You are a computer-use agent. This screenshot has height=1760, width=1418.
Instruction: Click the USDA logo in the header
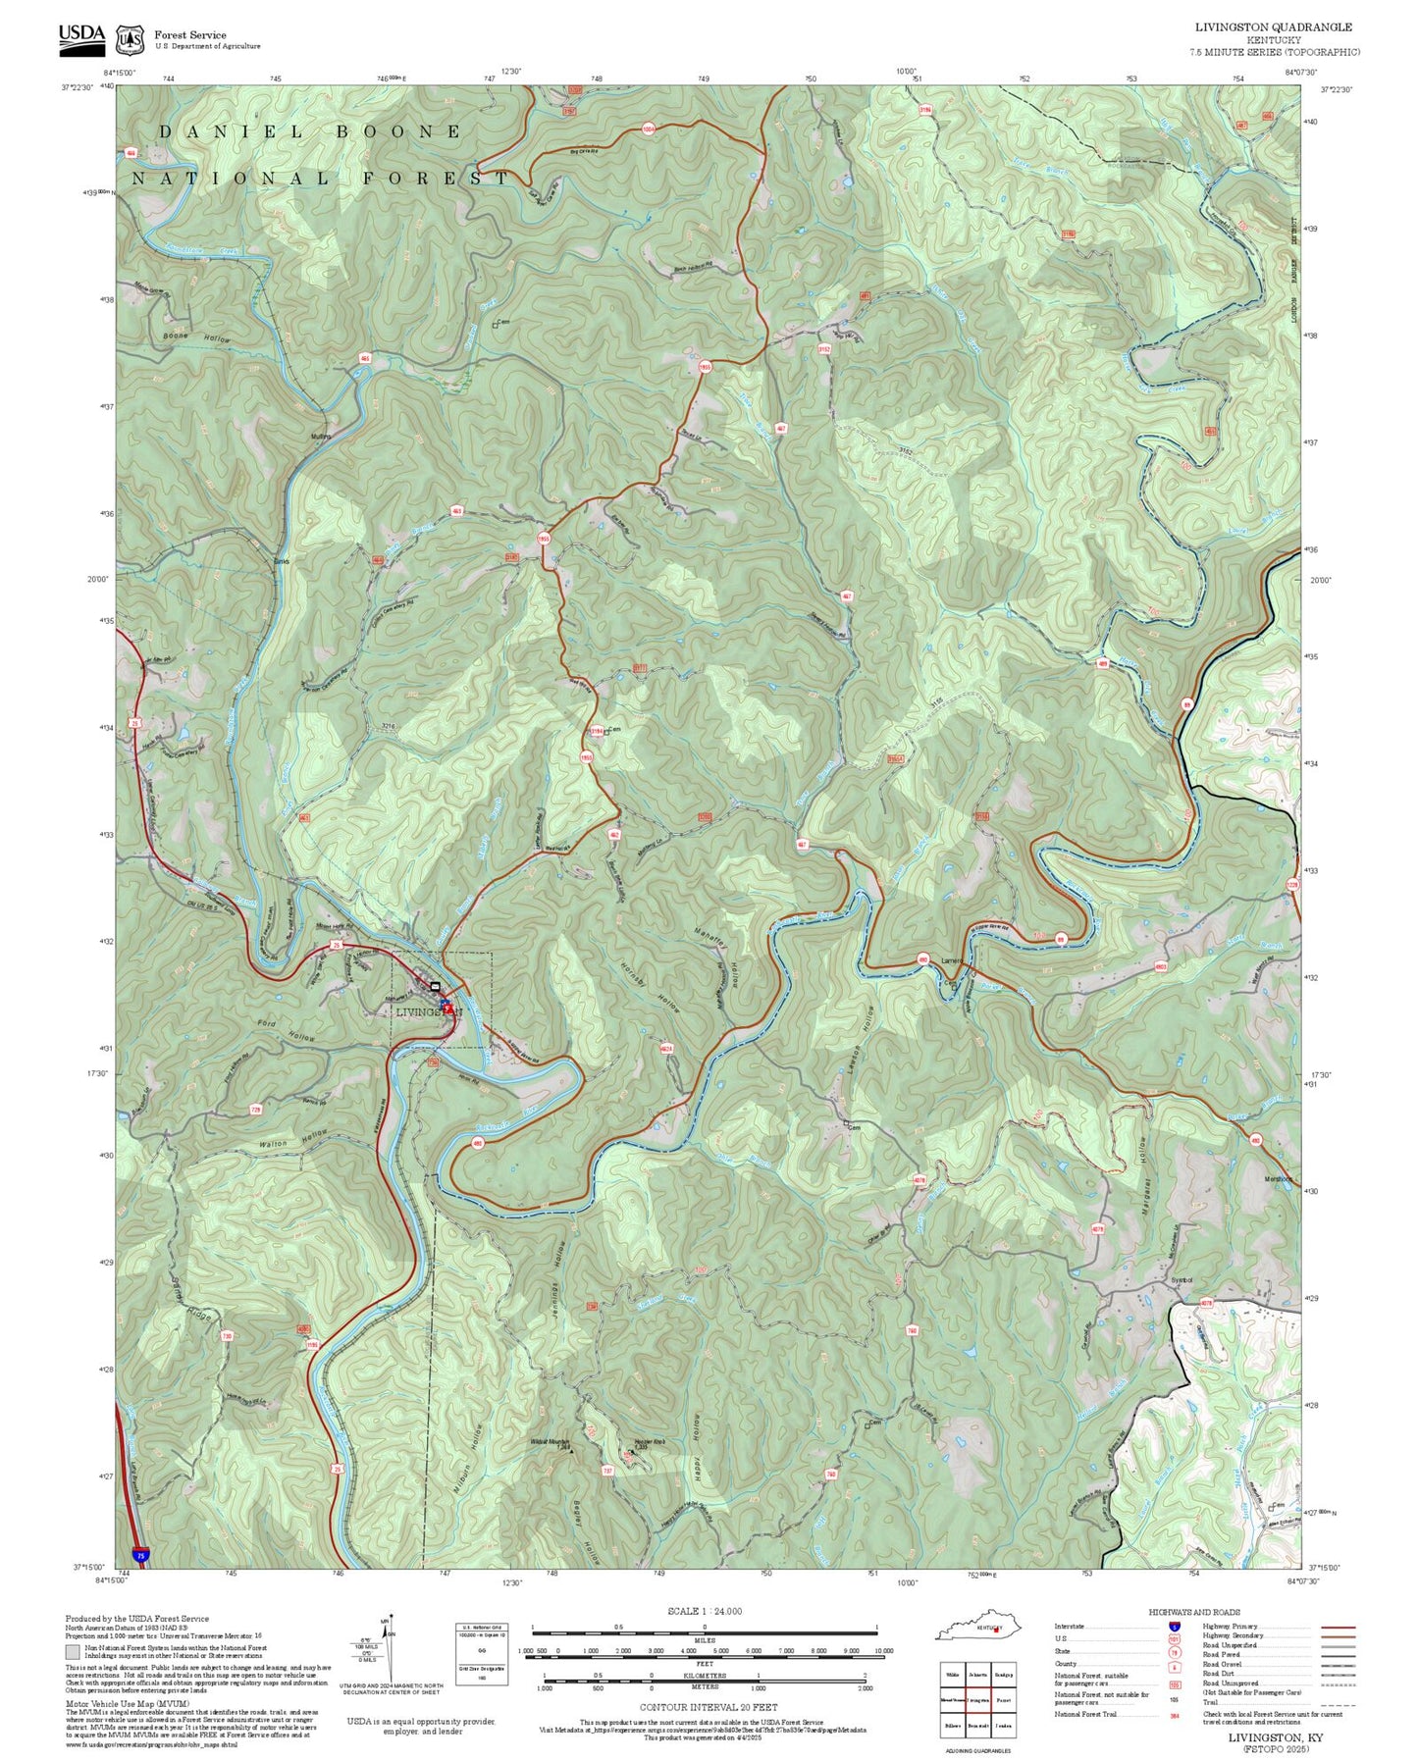[x=81, y=37]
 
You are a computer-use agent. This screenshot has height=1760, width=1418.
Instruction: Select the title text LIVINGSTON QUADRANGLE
[x=1273, y=27]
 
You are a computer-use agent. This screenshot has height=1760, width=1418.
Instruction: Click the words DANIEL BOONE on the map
[x=309, y=131]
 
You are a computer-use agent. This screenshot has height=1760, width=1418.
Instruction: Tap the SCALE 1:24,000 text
[x=704, y=1611]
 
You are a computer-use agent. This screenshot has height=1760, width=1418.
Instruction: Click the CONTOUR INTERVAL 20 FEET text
[x=704, y=1707]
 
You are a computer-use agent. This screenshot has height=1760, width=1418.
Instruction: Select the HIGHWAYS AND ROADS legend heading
[x=1194, y=1612]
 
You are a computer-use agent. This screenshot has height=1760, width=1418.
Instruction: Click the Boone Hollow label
[x=197, y=338]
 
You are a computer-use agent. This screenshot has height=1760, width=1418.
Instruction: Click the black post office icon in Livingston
[x=435, y=986]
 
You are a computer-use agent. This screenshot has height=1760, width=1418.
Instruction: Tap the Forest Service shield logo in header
[x=130, y=39]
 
